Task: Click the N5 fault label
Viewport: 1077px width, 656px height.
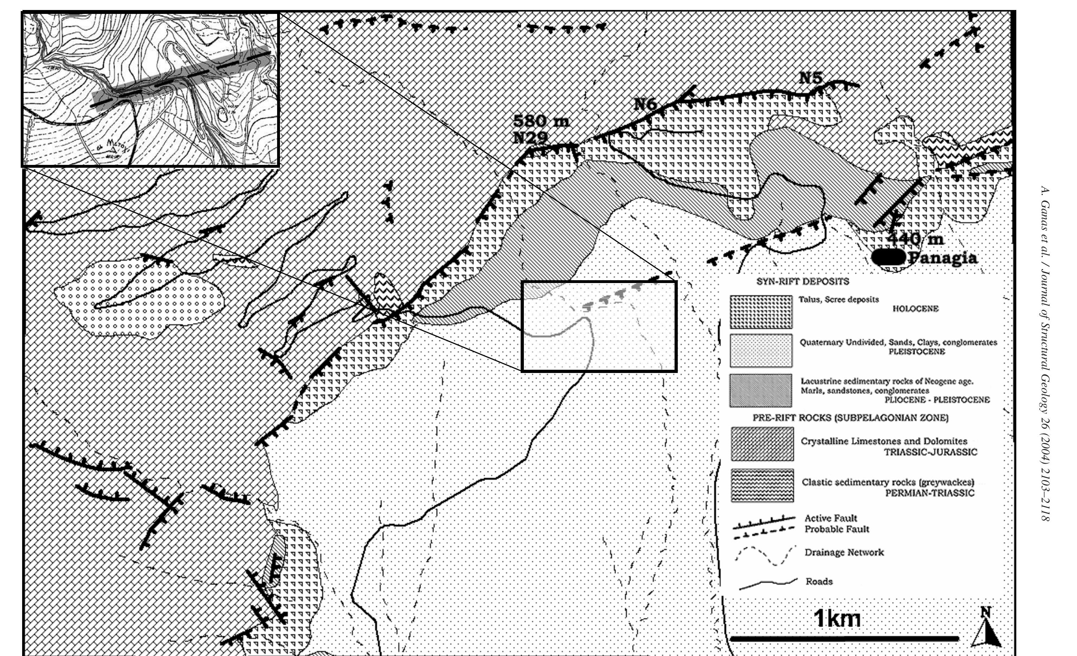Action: [x=811, y=78]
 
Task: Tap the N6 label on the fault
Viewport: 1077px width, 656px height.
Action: [x=646, y=104]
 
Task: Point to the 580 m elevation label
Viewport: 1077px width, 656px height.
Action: [x=541, y=121]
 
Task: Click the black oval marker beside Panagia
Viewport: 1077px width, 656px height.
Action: [x=888, y=257]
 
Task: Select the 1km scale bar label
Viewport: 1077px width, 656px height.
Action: [x=837, y=619]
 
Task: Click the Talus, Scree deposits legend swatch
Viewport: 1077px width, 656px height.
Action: [x=761, y=312]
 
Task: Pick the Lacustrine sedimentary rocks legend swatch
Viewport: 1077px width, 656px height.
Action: [x=761, y=390]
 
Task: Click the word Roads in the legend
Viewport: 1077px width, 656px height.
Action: [x=819, y=581]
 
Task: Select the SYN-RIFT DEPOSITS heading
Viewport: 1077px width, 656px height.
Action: [x=802, y=282]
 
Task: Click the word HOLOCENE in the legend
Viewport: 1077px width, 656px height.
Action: [x=915, y=309]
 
